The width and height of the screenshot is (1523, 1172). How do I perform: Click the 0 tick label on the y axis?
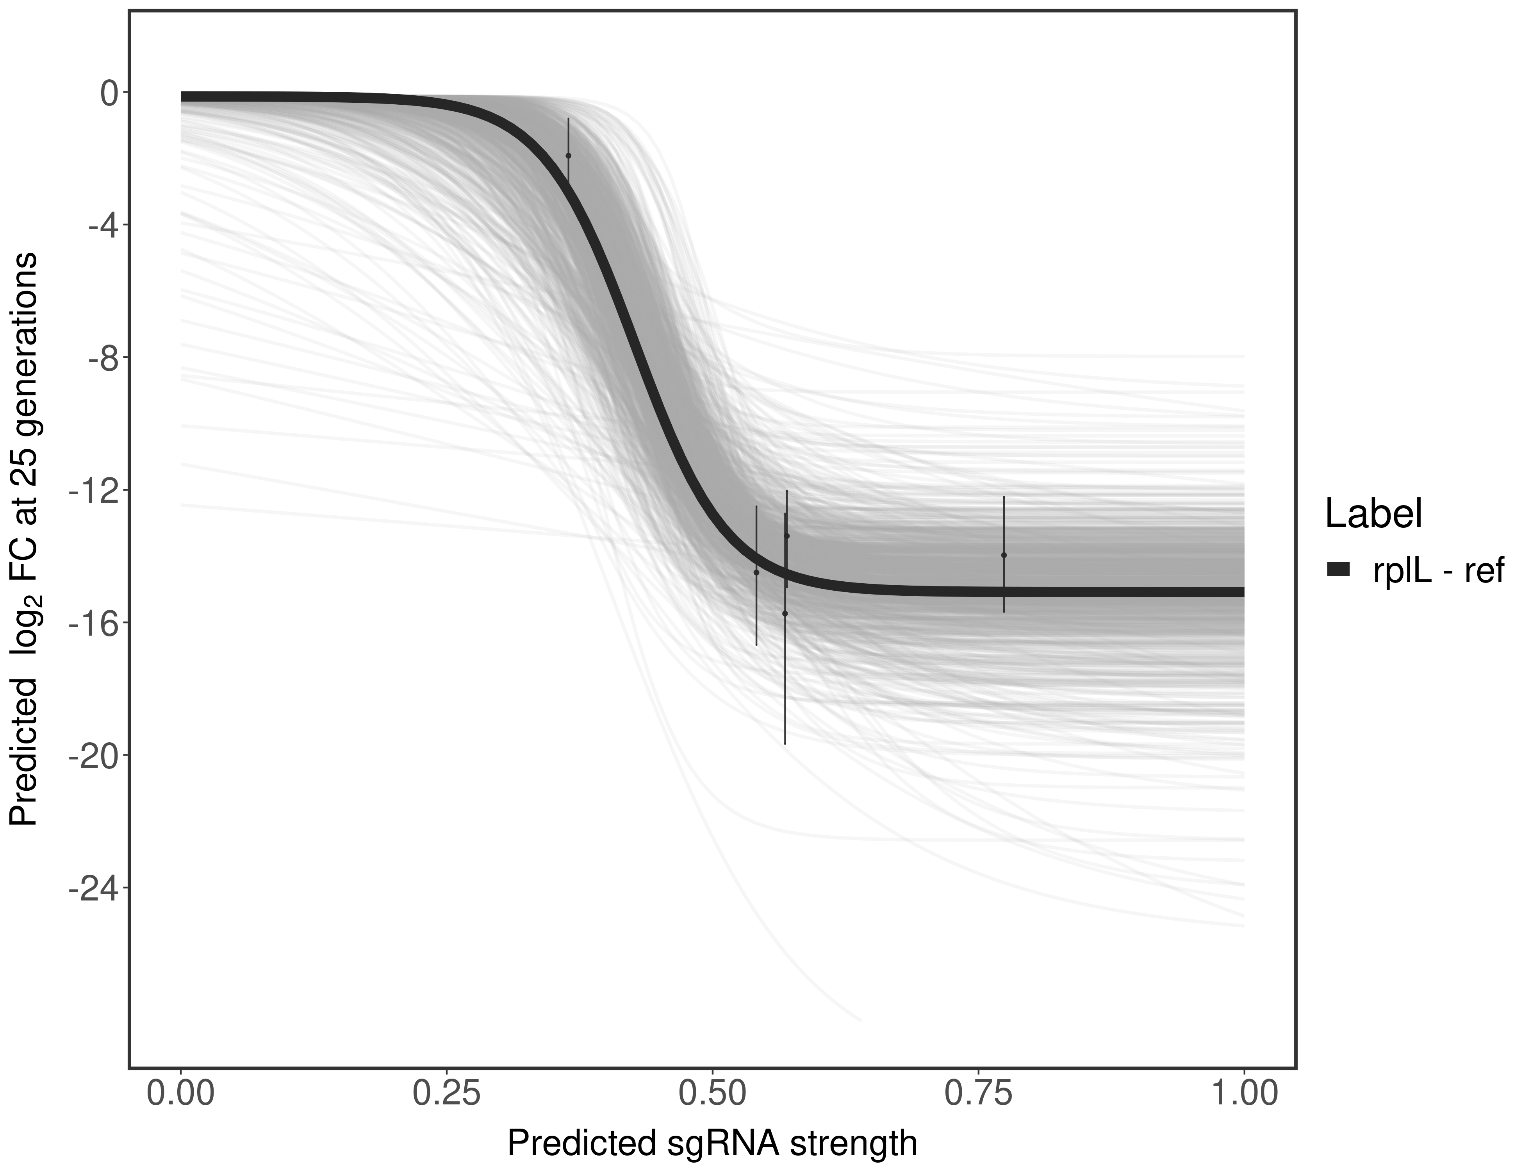tap(109, 93)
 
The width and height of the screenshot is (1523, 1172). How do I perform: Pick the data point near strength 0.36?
tap(568, 155)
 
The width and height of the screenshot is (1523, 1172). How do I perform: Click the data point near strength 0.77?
tap(1004, 555)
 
